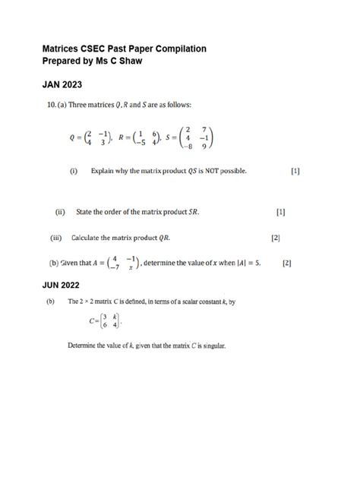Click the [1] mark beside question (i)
(295, 172)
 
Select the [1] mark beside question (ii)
(281, 212)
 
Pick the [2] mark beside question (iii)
(276, 238)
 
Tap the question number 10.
(47, 104)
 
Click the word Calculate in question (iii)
(90, 238)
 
